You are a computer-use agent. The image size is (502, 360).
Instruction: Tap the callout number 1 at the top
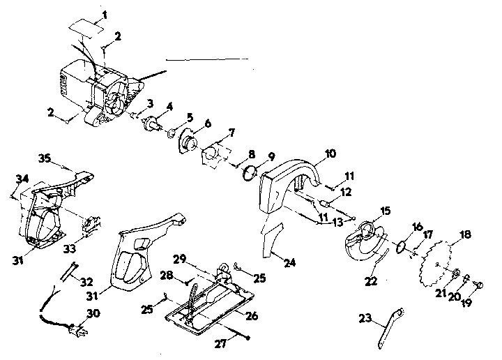pyautogui.click(x=105, y=15)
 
